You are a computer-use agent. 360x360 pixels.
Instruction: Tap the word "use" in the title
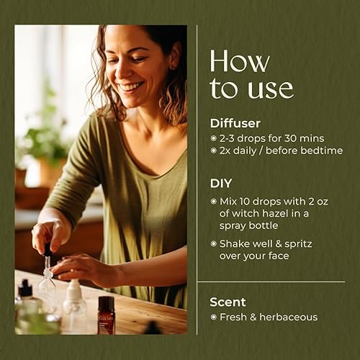pos(268,89)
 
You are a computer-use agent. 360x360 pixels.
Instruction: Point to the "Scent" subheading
pos(228,301)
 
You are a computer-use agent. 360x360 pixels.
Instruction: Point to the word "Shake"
pos(236,243)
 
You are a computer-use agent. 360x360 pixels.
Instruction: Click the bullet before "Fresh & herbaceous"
pos(213,317)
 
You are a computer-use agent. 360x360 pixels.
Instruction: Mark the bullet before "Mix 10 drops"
pos(213,202)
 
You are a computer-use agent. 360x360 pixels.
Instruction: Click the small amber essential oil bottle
pos(106,315)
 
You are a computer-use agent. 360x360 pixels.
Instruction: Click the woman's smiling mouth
pos(131,86)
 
